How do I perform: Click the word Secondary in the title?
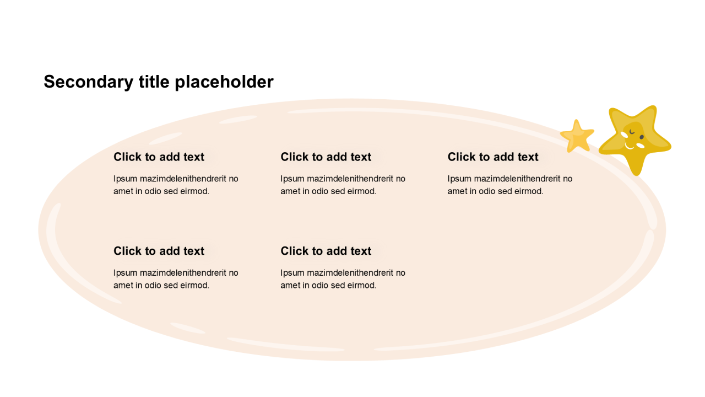(x=89, y=82)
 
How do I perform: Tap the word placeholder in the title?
(x=224, y=82)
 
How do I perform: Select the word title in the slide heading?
(x=154, y=82)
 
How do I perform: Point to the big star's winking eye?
(x=632, y=132)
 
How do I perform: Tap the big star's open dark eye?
(x=642, y=137)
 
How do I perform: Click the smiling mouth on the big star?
(x=630, y=146)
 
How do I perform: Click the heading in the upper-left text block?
(x=159, y=157)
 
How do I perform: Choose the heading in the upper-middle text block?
(x=326, y=157)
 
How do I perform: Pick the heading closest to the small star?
(x=493, y=157)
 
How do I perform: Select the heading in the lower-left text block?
(x=159, y=251)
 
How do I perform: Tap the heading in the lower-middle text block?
(x=326, y=251)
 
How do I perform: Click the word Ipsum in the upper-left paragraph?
(x=125, y=179)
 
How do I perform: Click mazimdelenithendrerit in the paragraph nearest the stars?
(x=507, y=179)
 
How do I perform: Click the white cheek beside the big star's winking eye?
(x=625, y=135)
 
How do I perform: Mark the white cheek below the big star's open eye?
(x=641, y=146)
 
